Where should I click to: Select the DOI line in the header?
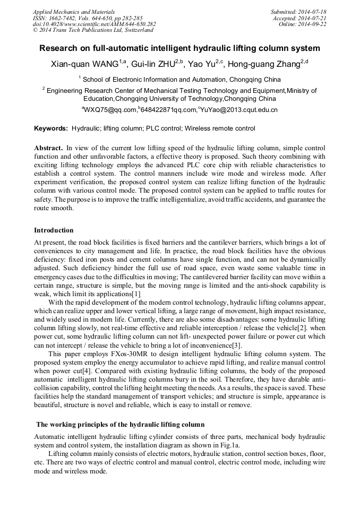[x=94, y=24]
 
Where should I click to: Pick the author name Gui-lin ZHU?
[x=153, y=65]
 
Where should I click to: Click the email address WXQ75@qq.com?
[x=110, y=110]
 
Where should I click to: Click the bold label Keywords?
[x=51, y=128]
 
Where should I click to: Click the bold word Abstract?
[x=48, y=147]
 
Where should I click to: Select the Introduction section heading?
[x=54, y=230]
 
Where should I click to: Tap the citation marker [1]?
[x=136, y=294]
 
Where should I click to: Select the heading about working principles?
[x=120, y=425]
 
